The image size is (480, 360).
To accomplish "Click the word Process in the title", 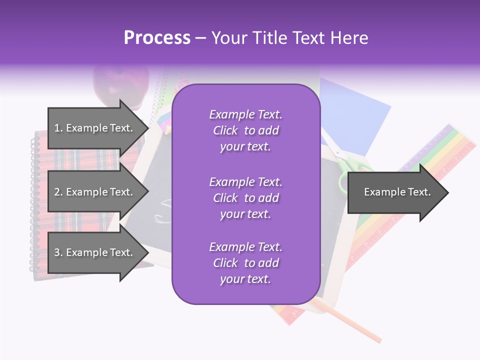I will point(157,38).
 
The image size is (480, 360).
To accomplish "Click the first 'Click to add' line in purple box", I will point(245,130).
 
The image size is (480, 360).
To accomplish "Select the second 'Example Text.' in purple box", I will point(245,182).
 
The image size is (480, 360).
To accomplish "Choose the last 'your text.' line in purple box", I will point(245,279).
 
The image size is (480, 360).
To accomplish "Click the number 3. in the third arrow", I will point(58,252).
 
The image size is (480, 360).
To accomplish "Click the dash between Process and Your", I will point(201,38).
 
